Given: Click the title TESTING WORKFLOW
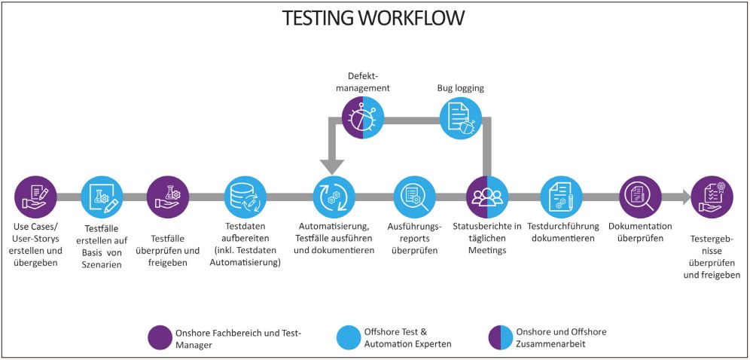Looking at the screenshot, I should pos(373,18).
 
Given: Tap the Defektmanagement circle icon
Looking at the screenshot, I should pos(364,118).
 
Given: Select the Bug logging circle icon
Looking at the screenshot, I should pos(460,118).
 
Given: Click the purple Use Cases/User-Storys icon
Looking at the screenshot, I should pos(35,197).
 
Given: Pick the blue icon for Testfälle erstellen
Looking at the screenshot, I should pos(102,197).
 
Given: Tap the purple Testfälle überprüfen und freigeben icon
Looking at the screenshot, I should pos(168,197).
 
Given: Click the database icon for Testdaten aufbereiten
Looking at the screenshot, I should pos(245,197).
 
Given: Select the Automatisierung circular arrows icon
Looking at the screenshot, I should pos(334,197).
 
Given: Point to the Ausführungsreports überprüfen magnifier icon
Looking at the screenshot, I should pos(414,197).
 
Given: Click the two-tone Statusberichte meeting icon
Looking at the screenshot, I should pos(486,197).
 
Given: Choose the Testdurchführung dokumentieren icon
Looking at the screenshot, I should pos(560,197).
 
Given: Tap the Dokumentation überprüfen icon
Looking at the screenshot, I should pos(640,197).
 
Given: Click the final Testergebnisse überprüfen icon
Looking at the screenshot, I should pos(712,197).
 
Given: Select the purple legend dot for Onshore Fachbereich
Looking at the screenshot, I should pos(160,337).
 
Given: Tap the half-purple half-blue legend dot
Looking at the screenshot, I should pos(500,337).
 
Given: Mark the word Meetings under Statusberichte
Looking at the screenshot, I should pos(486,250).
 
